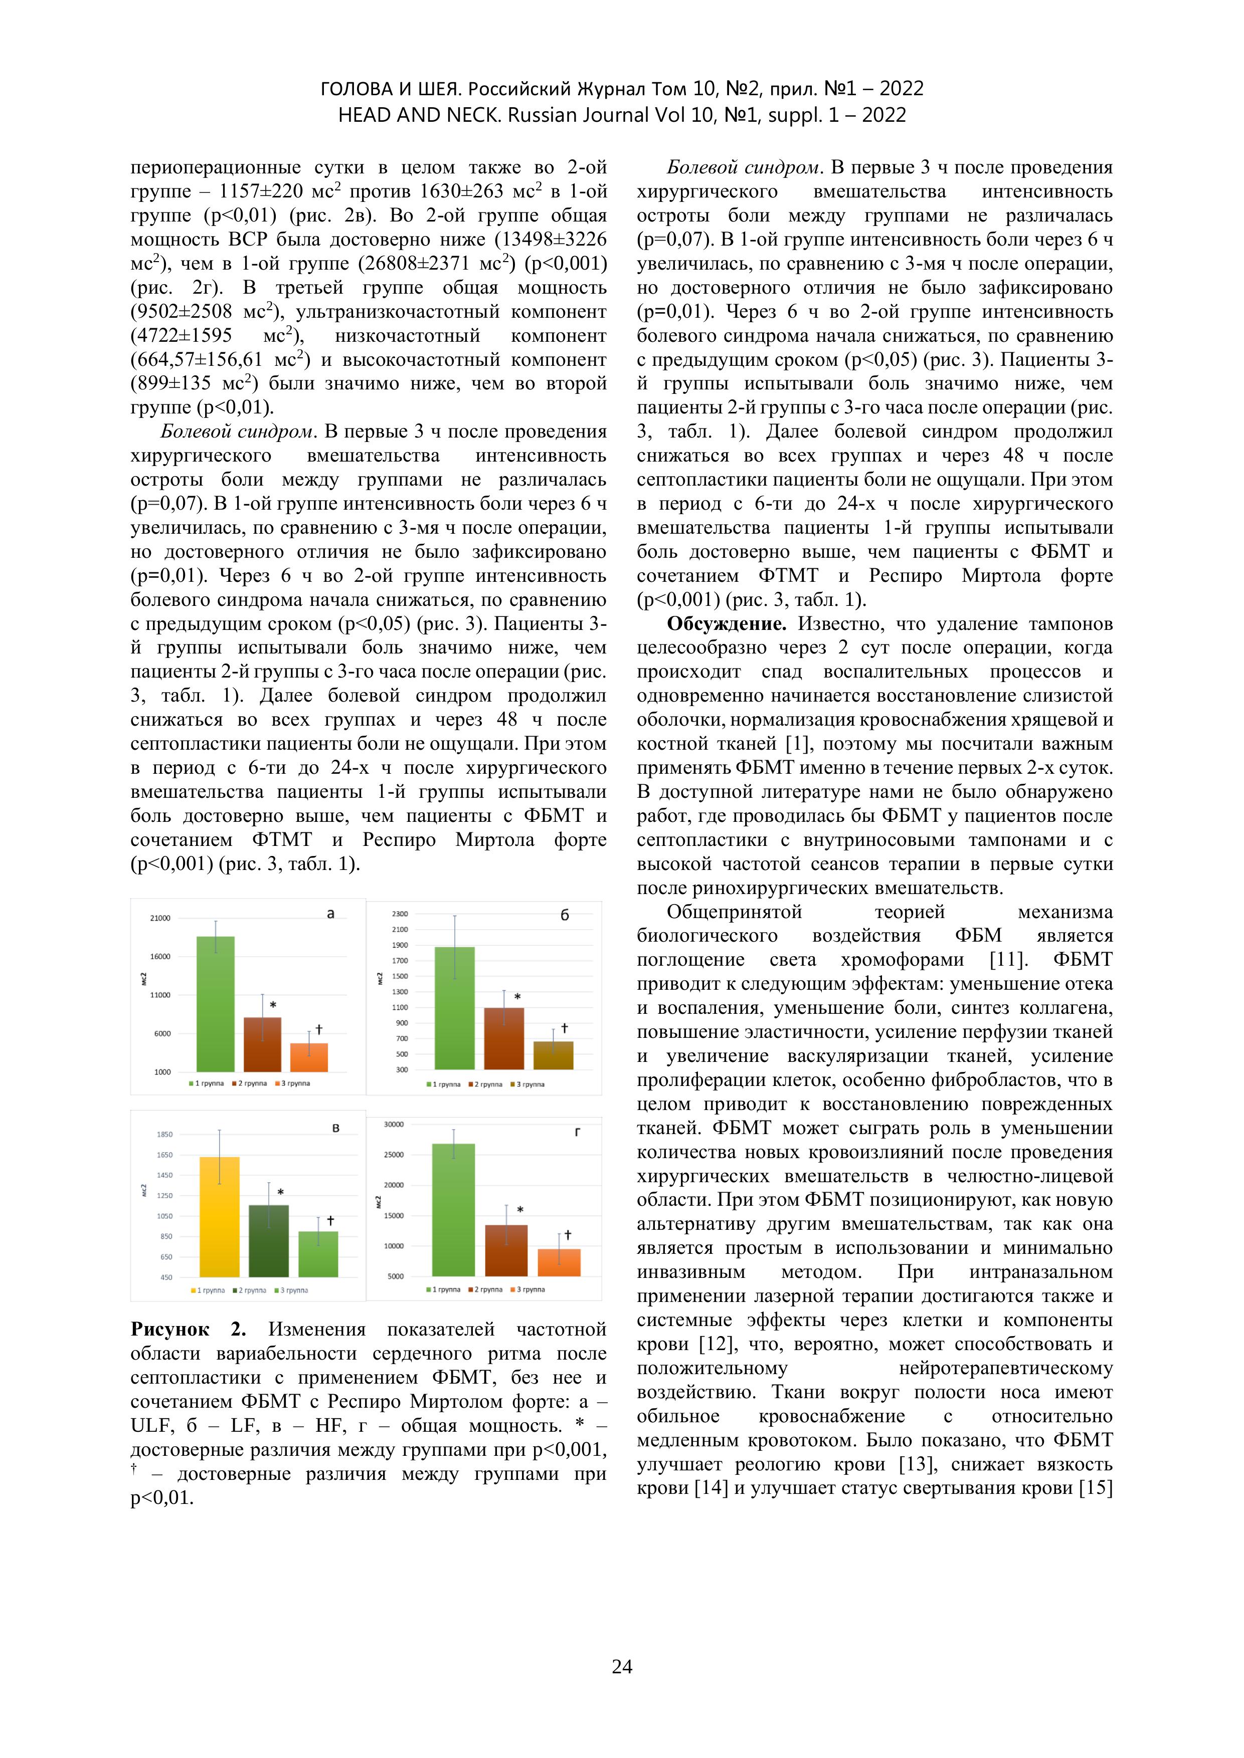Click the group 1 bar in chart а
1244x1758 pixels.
[216, 1004]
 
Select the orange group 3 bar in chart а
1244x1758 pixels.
[309, 1057]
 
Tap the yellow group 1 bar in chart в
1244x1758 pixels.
[220, 1217]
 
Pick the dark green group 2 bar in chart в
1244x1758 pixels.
[269, 1240]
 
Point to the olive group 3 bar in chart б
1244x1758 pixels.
[553, 1055]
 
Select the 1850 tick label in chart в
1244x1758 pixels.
[164, 1134]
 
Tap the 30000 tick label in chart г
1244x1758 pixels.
[394, 1124]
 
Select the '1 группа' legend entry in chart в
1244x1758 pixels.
[209, 1290]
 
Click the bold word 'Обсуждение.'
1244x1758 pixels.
[726, 624]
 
